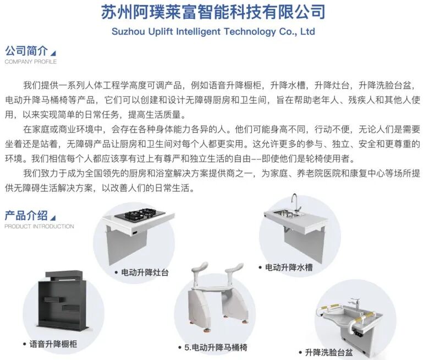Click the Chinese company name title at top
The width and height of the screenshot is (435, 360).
pyautogui.click(x=213, y=12)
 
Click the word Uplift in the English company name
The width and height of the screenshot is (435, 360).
pyautogui.click(x=160, y=32)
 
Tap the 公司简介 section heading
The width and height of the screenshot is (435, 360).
pyautogui.click(x=26, y=51)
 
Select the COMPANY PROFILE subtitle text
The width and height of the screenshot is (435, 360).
pyautogui.click(x=30, y=62)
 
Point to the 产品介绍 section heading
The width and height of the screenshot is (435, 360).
pyautogui.click(x=26, y=216)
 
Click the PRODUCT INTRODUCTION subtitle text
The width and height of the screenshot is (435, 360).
pyautogui.click(x=39, y=226)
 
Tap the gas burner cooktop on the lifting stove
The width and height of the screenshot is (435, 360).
pyautogui.click(x=140, y=215)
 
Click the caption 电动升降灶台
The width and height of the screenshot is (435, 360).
pyautogui.click(x=145, y=272)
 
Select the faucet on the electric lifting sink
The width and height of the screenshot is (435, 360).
pyautogui.click(x=296, y=203)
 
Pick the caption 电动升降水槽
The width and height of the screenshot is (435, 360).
pyautogui.click(x=289, y=268)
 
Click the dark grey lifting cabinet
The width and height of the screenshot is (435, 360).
pyautogui.click(x=63, y=302)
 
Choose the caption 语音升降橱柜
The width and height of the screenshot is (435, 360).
pyautogui.click(x=53, y=344)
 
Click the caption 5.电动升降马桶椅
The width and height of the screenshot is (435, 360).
pyautogui.click(x=216, y=347)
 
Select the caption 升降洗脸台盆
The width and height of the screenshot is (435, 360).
pyautogui.click(x=329, y=352)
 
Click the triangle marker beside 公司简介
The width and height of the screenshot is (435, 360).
pyautogui.click(x=54, y=53)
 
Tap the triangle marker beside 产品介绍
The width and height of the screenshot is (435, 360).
pyautogui.click(x=54, y=217)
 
